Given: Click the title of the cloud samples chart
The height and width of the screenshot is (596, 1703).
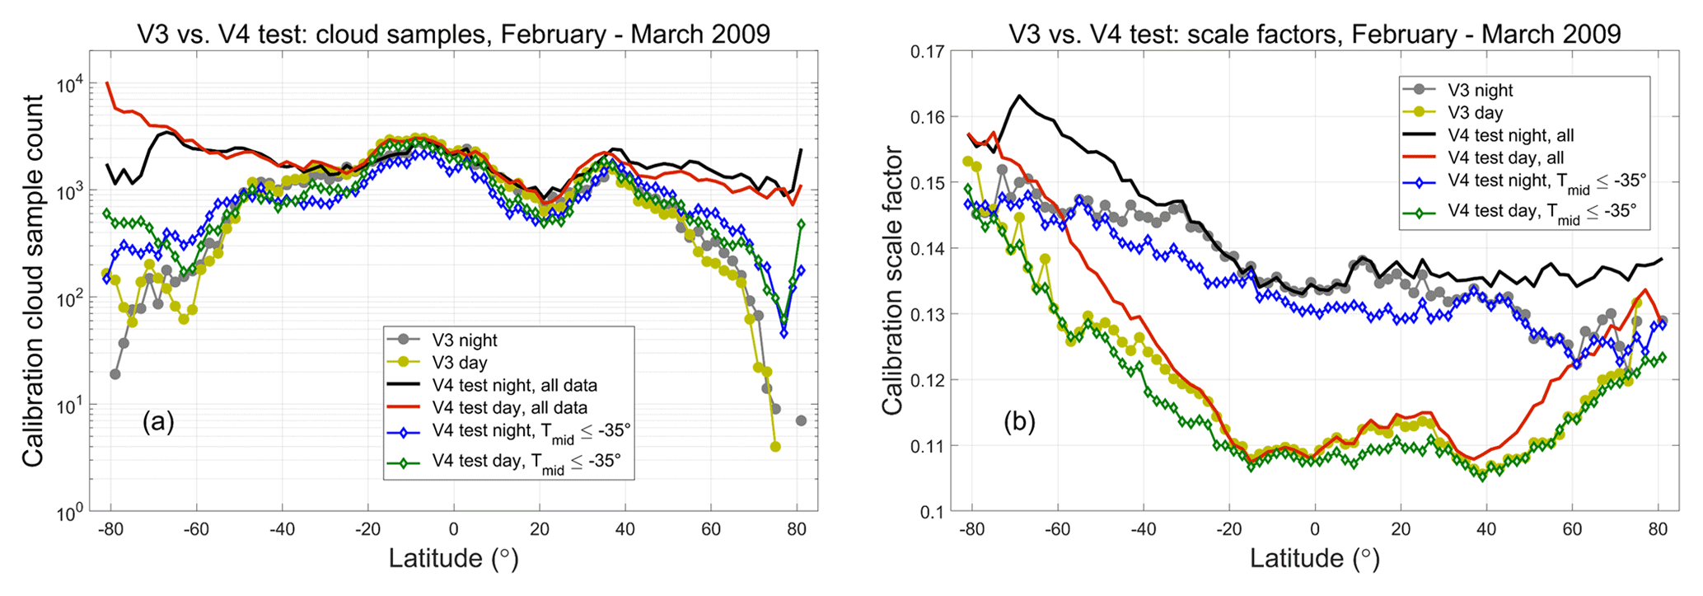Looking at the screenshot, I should coord(453,34).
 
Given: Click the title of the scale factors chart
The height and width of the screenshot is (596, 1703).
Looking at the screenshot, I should coord(1315,34).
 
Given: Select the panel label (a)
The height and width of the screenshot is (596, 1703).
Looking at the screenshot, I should coord(158,422).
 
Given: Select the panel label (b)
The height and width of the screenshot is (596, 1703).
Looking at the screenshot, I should coord(1019,422).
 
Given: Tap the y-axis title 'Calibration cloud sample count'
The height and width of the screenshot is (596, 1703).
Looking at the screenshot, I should coord(34,280).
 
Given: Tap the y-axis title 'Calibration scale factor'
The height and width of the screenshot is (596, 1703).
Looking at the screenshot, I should coord(893,280).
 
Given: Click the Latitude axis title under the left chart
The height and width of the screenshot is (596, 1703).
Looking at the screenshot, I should coord(453,559).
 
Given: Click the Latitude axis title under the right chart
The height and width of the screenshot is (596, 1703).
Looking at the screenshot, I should coord(1314,559).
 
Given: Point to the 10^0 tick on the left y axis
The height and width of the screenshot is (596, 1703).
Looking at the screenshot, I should coord(70,513).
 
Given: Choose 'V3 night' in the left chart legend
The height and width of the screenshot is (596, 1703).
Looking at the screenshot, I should coord(465,340).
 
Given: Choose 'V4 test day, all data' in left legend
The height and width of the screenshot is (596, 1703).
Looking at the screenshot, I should coord(509,407).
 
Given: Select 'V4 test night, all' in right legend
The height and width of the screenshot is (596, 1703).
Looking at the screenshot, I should coord(1511,135).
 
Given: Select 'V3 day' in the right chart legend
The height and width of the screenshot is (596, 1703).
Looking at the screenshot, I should coord(1475,113).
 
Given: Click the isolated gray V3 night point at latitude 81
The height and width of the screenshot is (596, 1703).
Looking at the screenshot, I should coord(801,420).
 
